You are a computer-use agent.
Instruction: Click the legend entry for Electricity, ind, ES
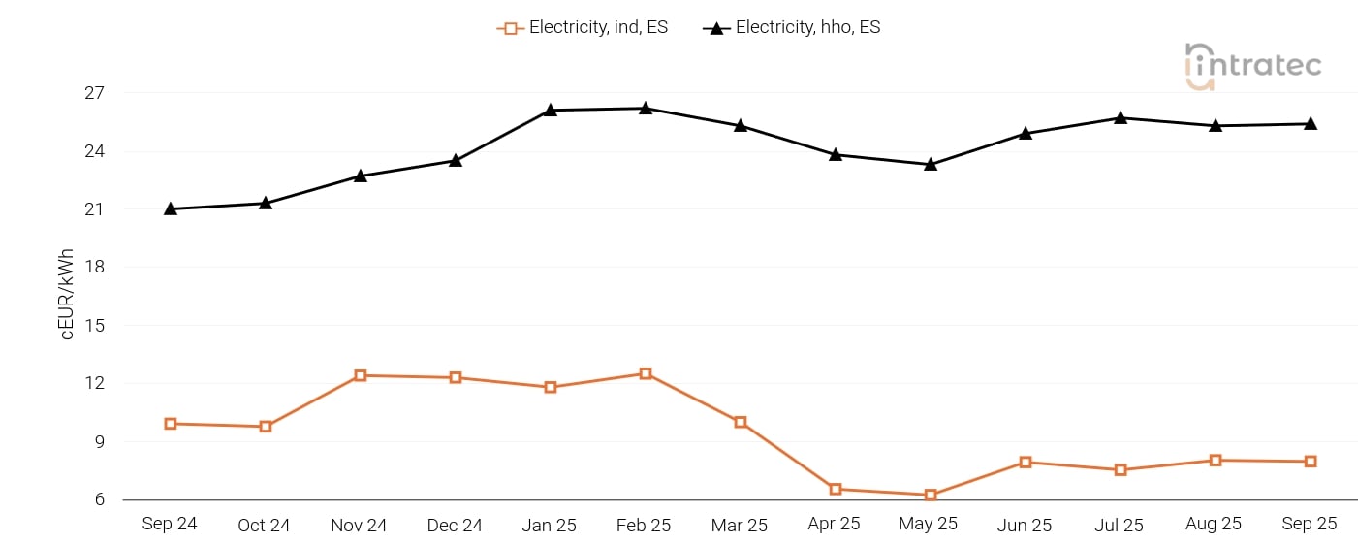(x=584, y=28)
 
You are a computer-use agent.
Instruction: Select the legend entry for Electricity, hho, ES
(x=793, y=28)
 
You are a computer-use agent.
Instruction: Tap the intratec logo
(x=1252, y=66)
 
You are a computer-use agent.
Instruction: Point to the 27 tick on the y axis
(x=94, y=93)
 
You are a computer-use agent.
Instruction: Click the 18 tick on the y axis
(x=94, y=268)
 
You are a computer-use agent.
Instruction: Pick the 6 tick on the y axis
(x=99, y=500)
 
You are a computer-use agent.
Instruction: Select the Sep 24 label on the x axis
(x=170, y=524)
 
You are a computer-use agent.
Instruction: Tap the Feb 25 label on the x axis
(x=644, y=525)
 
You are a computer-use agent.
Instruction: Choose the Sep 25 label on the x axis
(x=1310, y=524)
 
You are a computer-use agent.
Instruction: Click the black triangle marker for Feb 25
(x=646, y=108)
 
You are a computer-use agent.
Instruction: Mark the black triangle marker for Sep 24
(x=171, y=208)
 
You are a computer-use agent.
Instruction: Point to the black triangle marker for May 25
(x=931, y=164)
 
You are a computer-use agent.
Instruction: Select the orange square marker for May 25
(x=931, y=495)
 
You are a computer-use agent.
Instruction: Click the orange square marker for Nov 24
(x=361, y=375)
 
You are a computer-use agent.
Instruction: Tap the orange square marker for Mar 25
(x=741, y=422)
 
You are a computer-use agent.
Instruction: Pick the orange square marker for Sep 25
(x=1311, y=462)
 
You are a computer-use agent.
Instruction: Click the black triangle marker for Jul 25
(x=1121, y=117)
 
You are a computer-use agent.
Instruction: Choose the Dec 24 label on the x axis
(x=455, y=525)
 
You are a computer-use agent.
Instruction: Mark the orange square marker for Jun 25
(x=1026, y=462)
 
